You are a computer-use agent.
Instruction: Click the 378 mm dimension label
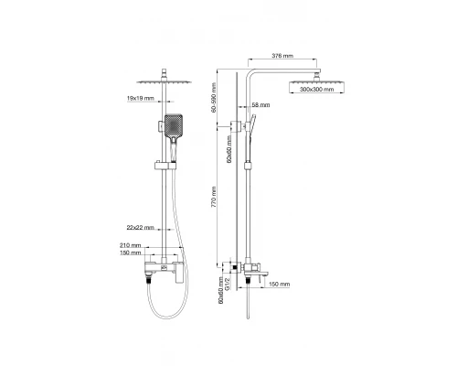(282, 56)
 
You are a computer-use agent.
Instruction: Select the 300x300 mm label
(316, 90)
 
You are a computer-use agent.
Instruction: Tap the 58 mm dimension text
(261, 105)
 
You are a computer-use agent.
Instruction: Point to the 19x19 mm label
(141, 98)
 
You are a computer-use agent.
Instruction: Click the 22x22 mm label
(141, 228)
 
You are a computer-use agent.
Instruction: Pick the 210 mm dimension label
(131, 245)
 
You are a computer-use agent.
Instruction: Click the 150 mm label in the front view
(131, 253)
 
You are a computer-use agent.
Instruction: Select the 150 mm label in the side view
(280, 285)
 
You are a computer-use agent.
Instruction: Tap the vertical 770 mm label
(214, 198)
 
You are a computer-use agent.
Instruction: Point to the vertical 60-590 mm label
(214, 98)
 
